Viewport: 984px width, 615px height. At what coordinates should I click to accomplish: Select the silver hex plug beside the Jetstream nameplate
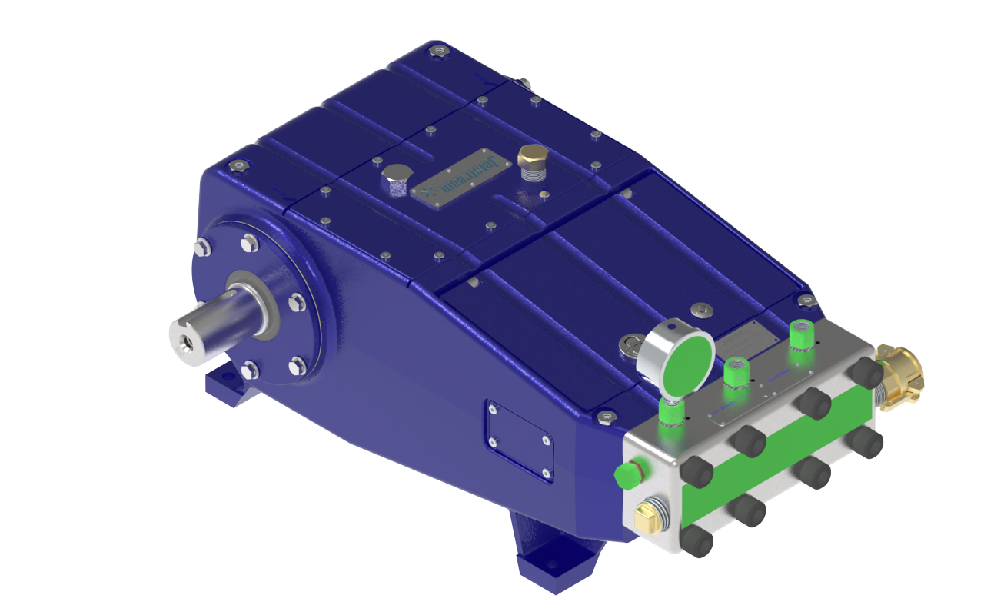pos(396,178)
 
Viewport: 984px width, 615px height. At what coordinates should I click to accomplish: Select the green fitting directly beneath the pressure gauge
pos(671,413)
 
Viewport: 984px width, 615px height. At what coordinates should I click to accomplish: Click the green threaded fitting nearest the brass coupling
pos(801,334)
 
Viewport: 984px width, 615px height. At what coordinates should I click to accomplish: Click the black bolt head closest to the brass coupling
pos(866,373)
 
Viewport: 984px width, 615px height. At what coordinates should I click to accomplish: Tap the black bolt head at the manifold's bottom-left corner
pos(696,540)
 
